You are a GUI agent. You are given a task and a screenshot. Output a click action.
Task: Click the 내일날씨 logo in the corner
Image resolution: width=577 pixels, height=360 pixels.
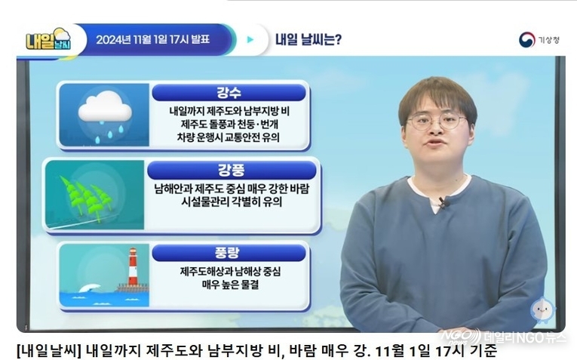[x=48, y=39]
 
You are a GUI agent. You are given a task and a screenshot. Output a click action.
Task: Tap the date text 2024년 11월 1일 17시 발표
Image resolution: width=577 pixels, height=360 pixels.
[x=152, y=39]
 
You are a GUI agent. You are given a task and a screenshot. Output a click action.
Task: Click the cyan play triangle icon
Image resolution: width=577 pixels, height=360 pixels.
[x=250, y=39]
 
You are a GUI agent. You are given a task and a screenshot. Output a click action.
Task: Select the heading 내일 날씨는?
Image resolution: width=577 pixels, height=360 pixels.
[x=308, y=39]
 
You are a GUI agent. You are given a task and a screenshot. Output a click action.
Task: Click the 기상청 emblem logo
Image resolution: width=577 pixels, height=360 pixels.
[x=526, y=40]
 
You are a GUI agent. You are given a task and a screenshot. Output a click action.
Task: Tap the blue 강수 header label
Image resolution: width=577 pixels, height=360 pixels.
[x=229, y=92]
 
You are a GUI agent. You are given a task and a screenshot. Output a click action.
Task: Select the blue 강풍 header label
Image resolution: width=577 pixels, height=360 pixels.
[x=232, y=171]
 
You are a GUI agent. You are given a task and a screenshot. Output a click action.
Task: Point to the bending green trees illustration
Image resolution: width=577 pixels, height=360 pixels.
[x=86, y=198]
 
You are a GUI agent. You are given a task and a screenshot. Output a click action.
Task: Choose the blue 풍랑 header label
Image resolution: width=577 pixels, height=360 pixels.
[x=229, y=253]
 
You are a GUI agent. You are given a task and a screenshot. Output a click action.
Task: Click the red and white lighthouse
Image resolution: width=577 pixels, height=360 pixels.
[x=133, y=267]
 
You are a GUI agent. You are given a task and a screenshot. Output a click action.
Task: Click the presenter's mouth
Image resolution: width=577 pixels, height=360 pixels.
[x=434, y=142]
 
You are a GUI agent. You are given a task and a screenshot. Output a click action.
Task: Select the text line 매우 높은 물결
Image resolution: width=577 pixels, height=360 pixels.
[x=231, y=285]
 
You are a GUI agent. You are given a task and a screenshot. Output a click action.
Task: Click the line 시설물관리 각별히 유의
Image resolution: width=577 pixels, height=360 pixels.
[x=232, y=202]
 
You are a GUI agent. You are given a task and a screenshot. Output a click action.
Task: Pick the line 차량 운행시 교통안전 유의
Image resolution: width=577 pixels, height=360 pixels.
[x=228, y=137]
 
